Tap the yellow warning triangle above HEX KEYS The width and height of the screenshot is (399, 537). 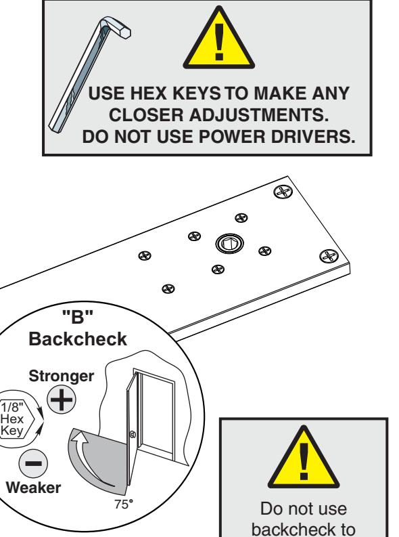coord(219,38)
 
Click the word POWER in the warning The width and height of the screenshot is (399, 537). coord(232,137)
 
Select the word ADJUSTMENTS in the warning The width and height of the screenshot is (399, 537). coord(258,114)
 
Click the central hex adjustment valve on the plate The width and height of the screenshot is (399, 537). coord(229,244)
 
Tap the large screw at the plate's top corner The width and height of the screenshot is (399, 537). coord(283,192)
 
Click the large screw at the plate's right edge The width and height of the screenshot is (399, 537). coord(329,256)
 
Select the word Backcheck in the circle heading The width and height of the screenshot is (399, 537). coord(78,339)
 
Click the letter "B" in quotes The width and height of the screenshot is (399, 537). coord(78,316)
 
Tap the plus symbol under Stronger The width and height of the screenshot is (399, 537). coord(61,400)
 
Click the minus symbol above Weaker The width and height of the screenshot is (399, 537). coord(33,463)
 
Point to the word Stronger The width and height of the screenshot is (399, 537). coord(61,376)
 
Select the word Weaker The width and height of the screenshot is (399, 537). coord(33,488)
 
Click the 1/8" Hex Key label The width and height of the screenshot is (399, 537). coord(12,419)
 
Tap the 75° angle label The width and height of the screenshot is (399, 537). coord(124,504)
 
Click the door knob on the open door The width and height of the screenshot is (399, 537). coord(133,435)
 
